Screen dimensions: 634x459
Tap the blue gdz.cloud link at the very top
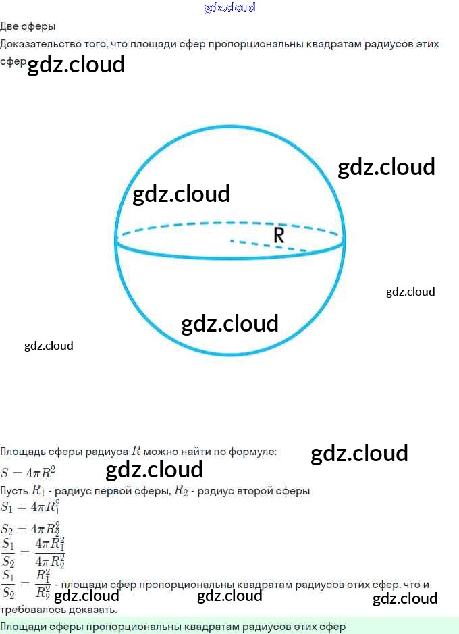click(230, 7)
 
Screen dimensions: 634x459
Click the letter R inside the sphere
click(279, 235)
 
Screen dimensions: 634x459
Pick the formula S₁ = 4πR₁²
click(31, 507)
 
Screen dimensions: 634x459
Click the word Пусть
click(14, 491)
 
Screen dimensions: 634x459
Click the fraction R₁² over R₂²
click(43, 585)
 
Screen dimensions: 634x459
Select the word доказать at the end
click(92, 609)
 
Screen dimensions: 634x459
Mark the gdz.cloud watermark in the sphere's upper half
click(181, 194)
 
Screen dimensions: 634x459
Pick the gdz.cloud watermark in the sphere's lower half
click(230, 324)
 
